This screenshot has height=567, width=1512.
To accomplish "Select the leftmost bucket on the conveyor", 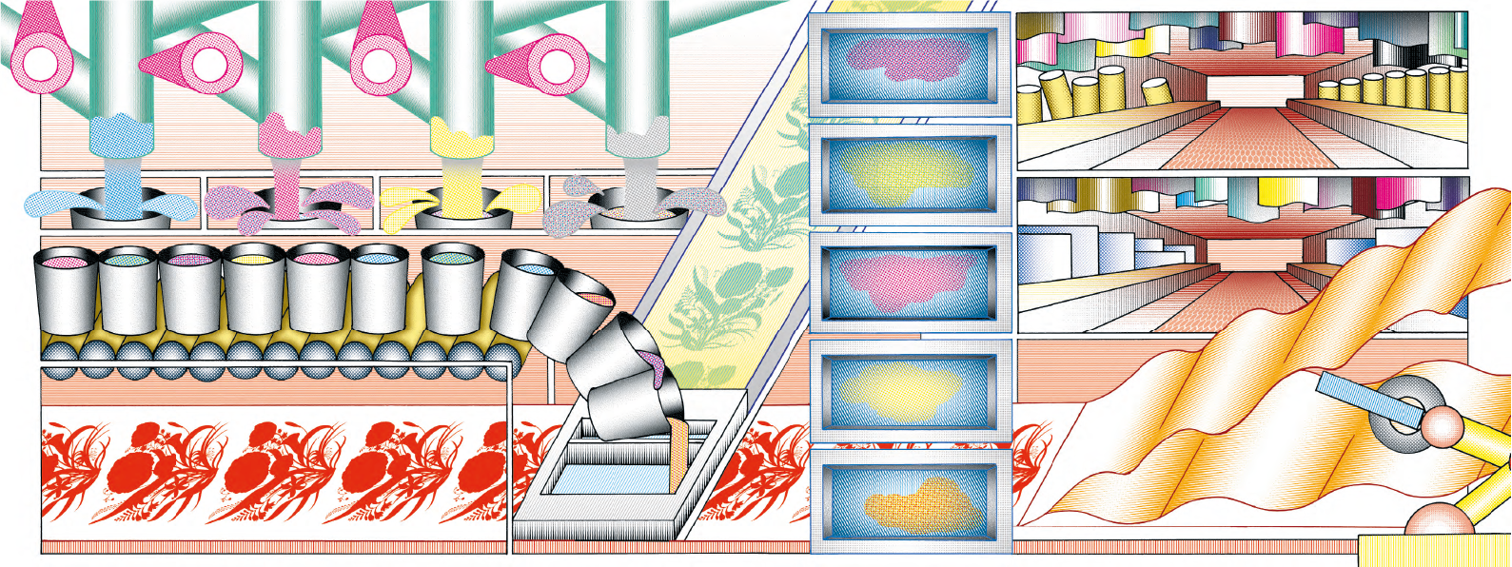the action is pos(65,290).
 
